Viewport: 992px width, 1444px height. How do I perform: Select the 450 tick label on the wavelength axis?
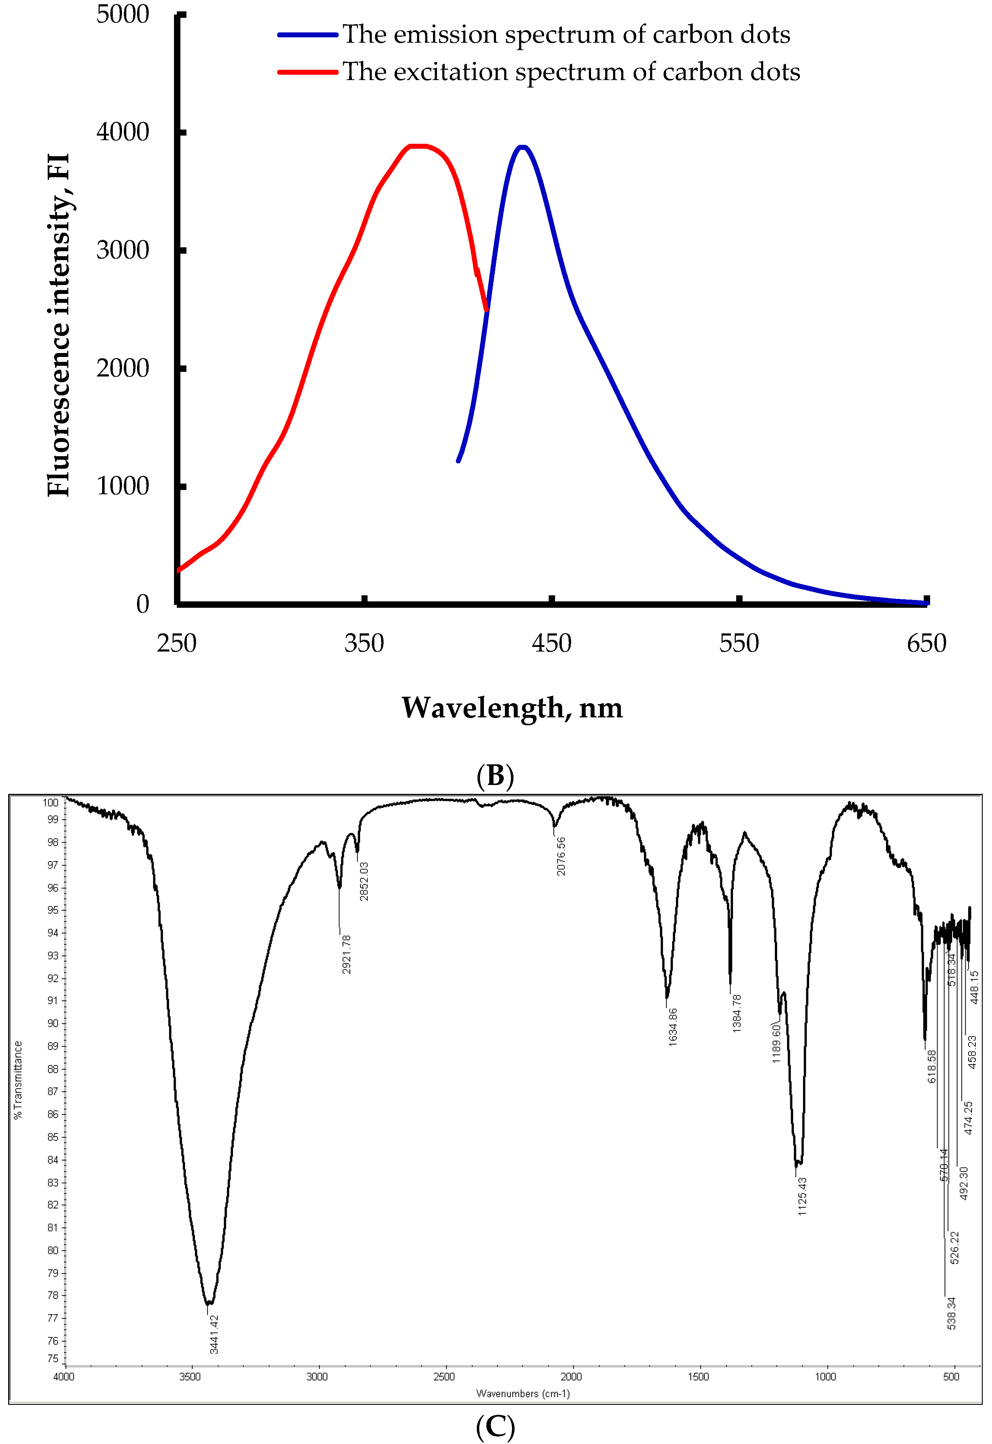551,643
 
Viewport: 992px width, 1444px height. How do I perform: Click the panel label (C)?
495,1427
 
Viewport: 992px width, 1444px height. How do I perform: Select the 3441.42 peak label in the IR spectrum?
214,1334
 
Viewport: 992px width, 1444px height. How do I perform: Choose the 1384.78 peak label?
737,1013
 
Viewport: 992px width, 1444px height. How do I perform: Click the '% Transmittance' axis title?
18,1080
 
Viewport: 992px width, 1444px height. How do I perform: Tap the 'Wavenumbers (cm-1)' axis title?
523,1393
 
